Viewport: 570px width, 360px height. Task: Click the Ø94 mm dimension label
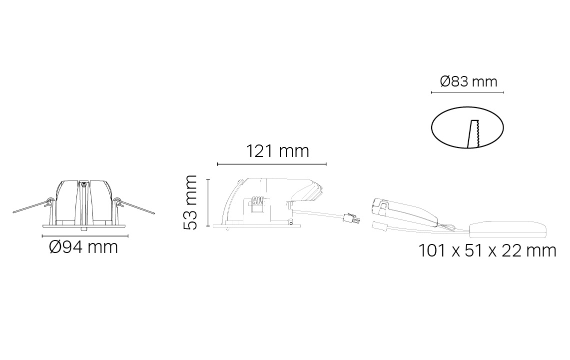pyautogui.click(x=83, y=247)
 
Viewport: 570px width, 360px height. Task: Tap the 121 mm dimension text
pyautogui.click(x=278, y=150)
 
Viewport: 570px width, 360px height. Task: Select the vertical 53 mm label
pyautogui.click(x=190, y=202)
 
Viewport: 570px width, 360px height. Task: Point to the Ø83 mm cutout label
pyautogui.click(x=469, y=81)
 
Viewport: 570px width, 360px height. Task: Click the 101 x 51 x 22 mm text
pyautogui.click(x=487, y=250)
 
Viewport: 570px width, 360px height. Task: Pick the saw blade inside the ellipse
pyautogui.click(x=473, y=134)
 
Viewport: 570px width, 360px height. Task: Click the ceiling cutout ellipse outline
pyautogui.click(x=432, y=128)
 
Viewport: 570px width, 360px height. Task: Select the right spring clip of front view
pyautogui.click(x=134, y=205)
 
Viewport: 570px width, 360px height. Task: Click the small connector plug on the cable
pyautogui.click(x=352, y=219)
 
